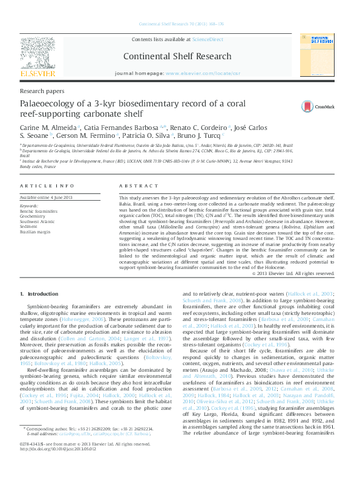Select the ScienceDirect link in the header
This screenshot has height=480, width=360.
pyautogui.click(x=207, y=39)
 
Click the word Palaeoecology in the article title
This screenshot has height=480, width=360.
pyautogui.click(x=53, y=104)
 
